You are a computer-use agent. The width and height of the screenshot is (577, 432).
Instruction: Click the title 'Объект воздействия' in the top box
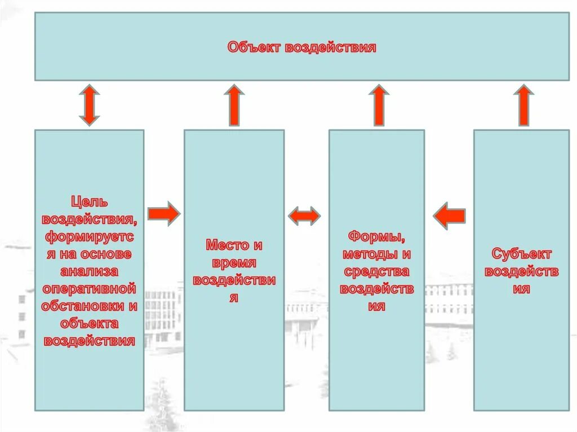tap(301, 47)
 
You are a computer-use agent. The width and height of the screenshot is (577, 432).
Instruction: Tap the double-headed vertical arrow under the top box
tap(89, 105)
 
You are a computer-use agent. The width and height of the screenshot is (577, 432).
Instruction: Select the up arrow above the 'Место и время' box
tap(234, 105)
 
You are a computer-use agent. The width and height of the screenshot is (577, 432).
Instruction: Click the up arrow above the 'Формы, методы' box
tap(379, 105)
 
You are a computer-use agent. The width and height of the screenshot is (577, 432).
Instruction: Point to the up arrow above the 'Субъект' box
tap(523, 105)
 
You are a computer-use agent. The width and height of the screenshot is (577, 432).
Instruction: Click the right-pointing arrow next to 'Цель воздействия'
tap(163, 214)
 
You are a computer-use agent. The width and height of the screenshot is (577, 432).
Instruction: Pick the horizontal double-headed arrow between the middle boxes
tap(304, 215)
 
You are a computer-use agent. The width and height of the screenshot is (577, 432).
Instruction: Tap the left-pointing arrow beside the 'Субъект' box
tap(449, 216)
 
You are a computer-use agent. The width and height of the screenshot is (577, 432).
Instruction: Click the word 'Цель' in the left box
tap(90, 201)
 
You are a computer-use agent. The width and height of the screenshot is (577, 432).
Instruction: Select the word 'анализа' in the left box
tap(90, 271)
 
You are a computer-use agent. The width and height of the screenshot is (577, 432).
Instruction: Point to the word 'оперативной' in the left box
tap(90, 288)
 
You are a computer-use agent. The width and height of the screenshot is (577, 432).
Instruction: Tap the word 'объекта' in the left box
tap(90, 323)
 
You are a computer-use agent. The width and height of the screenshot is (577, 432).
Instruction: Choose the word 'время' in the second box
tap(234, 262)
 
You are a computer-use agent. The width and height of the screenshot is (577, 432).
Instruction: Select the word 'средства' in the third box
tap(376, 271)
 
